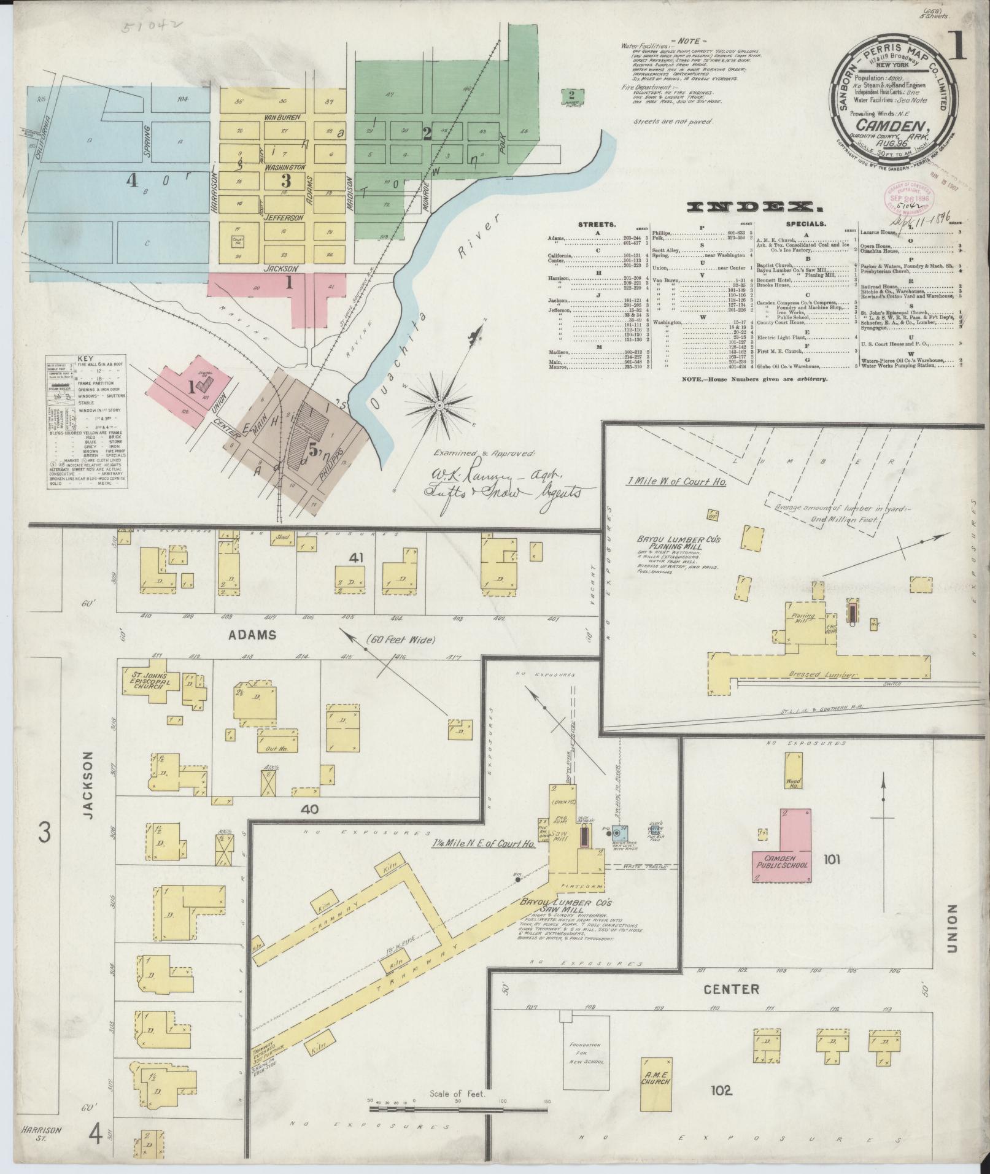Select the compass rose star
coord(440,406)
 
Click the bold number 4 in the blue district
coord(131,180)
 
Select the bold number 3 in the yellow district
coord(285,180)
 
